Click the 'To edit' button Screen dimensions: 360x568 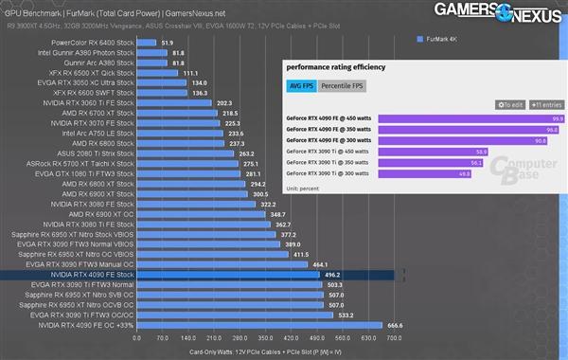pyautogui.click(x=510, y=104)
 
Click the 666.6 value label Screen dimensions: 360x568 pyautogui.click(x=396, y=325)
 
